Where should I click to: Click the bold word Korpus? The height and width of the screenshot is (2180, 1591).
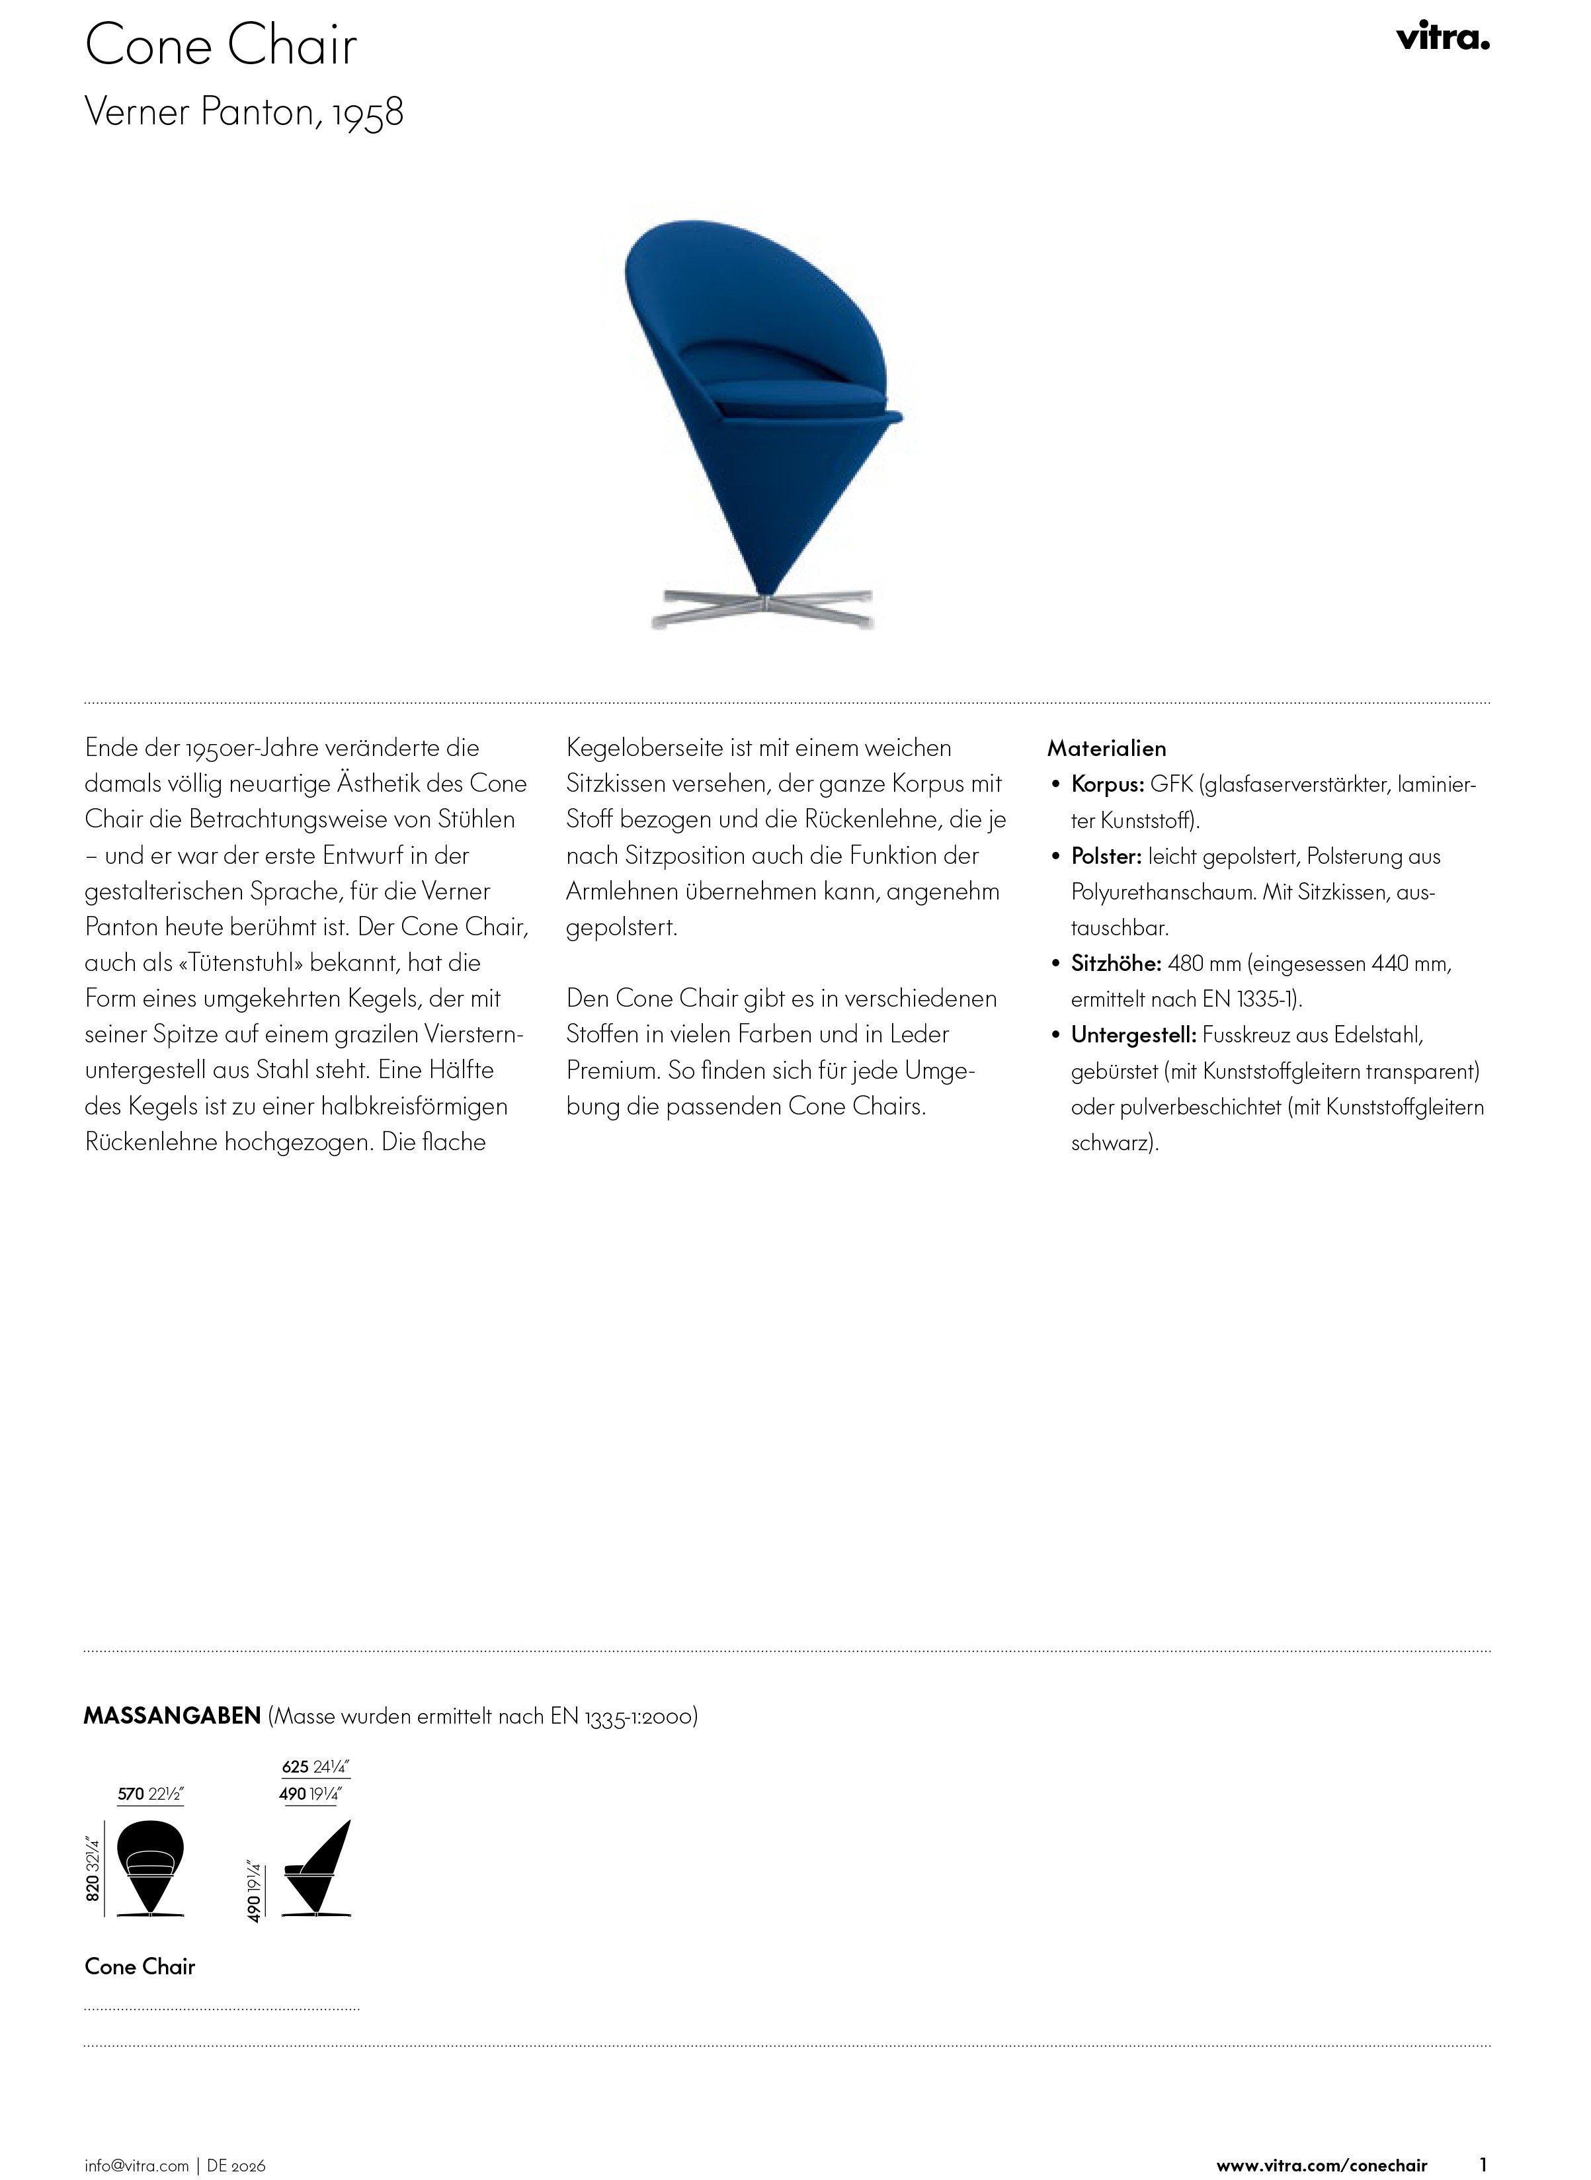(x=1108, y=784)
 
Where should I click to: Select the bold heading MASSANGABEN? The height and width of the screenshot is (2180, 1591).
(x=173, y=1716)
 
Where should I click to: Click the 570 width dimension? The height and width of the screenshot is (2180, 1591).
(x=131, y=1794)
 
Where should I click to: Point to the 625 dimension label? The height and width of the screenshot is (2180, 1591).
(x=296, y=1767)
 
